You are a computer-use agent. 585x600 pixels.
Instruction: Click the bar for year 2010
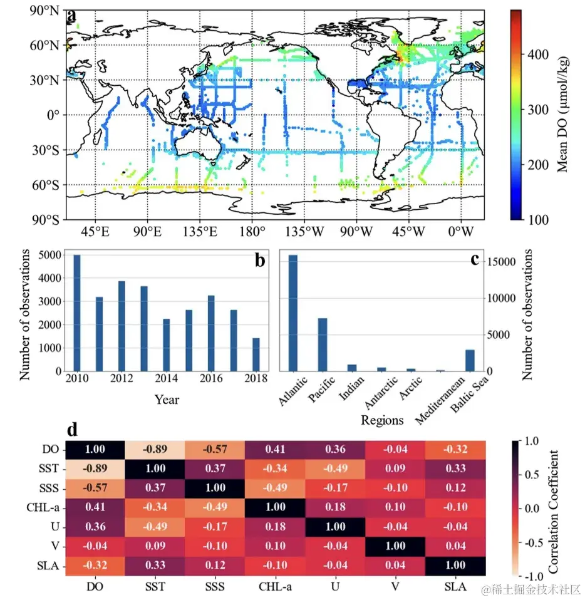pyautogui.click(x=77, y=313)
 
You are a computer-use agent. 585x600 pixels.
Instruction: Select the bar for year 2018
pyautogui.click(x=256, y=354)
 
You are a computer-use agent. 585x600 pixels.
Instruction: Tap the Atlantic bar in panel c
pyautogui.click(x=292, y=313)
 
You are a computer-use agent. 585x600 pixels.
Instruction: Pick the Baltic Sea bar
pyautogui.click(x=470, y=360)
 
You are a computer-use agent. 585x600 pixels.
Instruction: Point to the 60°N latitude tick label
pyautogui.click(x=47, y=45)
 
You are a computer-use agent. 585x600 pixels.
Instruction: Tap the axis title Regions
pyautogui.click(x=382, y=420)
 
